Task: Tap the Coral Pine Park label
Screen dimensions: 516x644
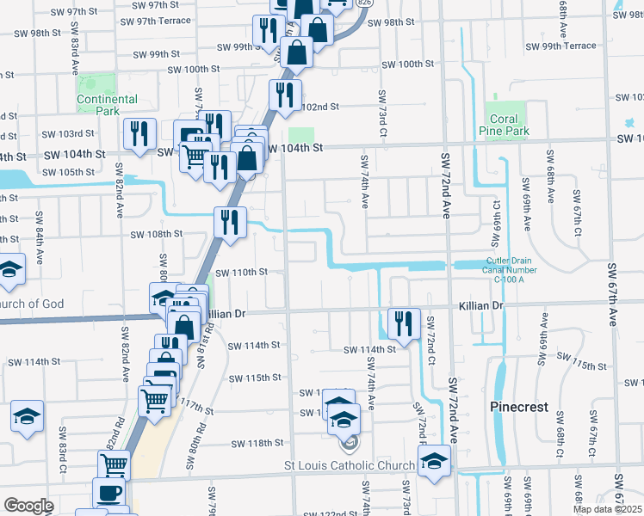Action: [505, 125]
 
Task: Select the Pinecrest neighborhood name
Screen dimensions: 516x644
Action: [519, 407]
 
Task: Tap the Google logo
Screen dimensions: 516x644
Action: [28, 506]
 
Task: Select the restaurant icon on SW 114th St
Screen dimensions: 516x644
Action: [404, 322]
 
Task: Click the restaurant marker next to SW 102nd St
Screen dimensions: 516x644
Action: [283, 95]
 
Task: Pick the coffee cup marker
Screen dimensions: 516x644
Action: [108, 493]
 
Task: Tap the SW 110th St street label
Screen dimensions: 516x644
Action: [242, 272]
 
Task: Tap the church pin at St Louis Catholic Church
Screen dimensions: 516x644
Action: [349, 445]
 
